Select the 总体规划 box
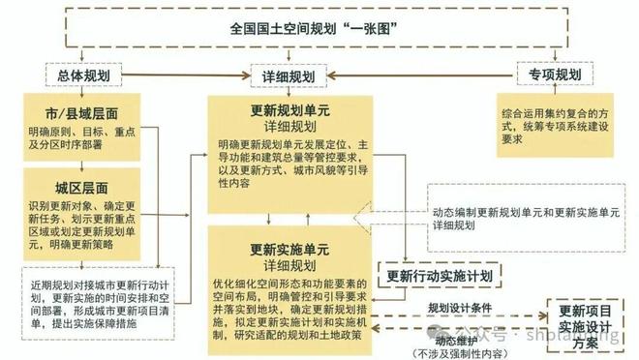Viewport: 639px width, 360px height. [83, 75]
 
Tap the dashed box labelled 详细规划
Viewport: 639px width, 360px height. [289, 75]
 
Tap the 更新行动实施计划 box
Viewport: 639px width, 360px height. [441, 276]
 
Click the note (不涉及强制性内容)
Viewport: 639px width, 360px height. [456, 352]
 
